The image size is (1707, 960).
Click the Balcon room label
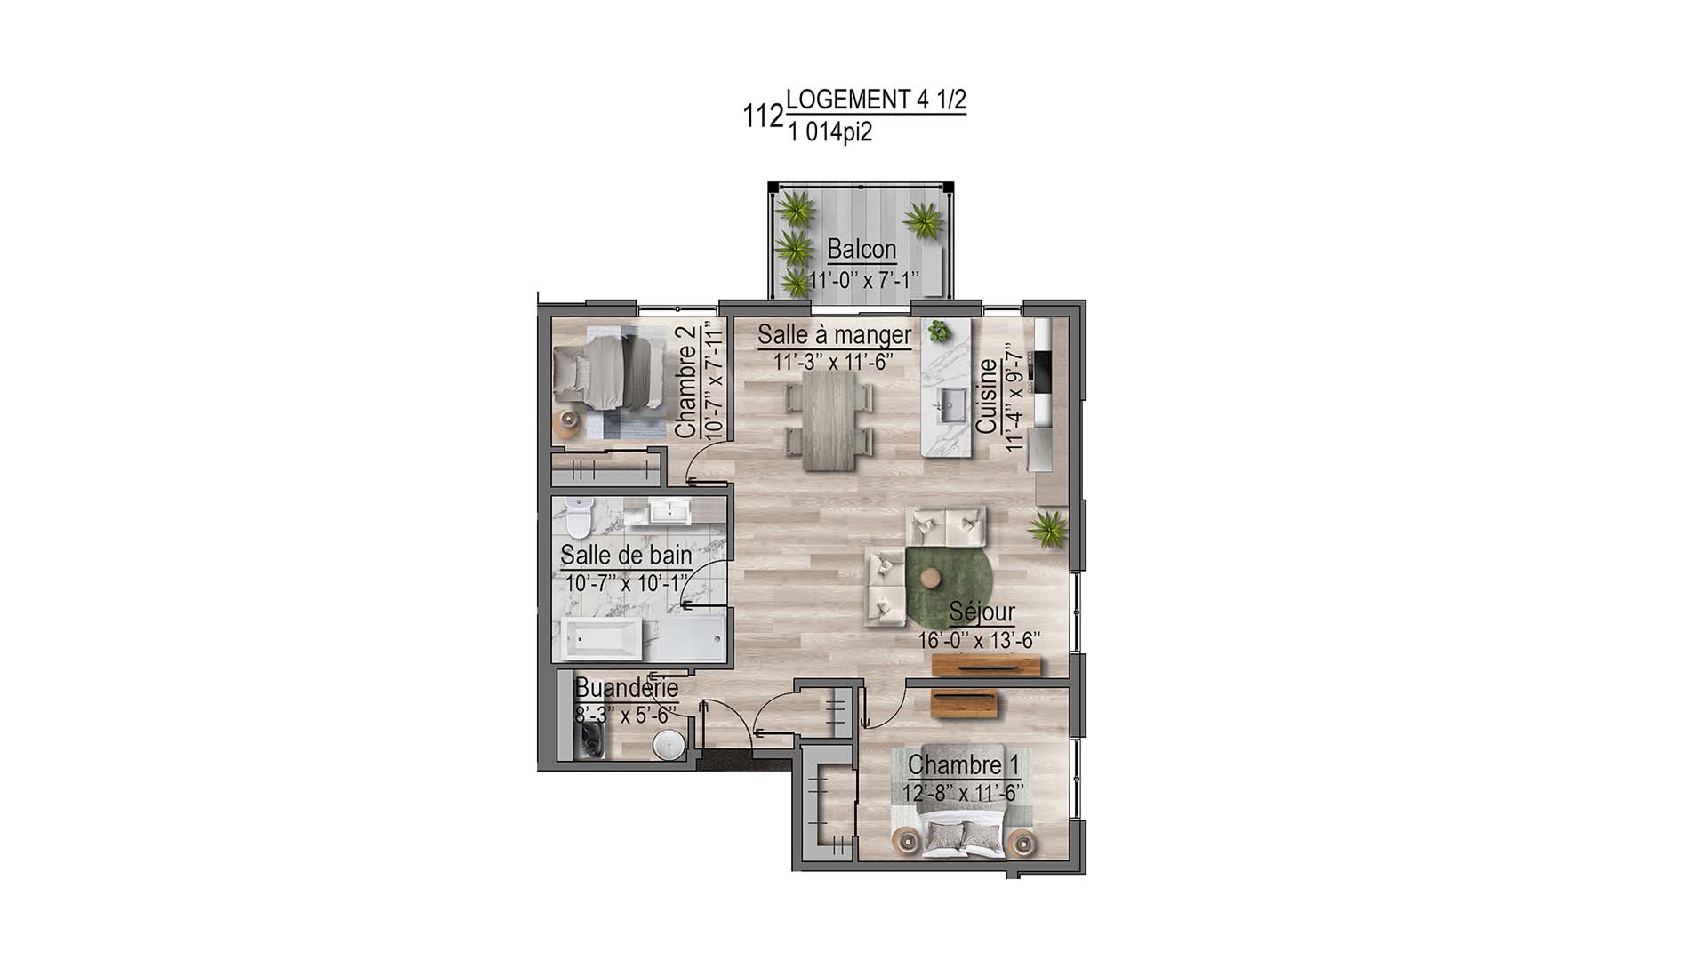click(x=862, y=249)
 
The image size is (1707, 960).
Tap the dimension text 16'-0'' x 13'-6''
click(x=979, y=641)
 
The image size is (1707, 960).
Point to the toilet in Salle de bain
click(x=579, y=516)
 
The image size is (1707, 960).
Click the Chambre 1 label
click(x=963, y=765)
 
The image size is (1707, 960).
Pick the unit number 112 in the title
click(x=763, y=116)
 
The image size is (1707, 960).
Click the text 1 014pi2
click(x=829, y=133)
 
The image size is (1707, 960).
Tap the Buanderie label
click(x=626, y=688)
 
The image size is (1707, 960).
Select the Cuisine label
click(x=986, y=396)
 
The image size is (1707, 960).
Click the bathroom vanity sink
click(x=661, y=511)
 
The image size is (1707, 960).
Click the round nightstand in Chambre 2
click(x=566, y=421)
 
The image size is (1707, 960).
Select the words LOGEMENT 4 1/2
click(x=876, y=100)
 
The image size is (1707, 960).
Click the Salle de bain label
click(x=626, y=556)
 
